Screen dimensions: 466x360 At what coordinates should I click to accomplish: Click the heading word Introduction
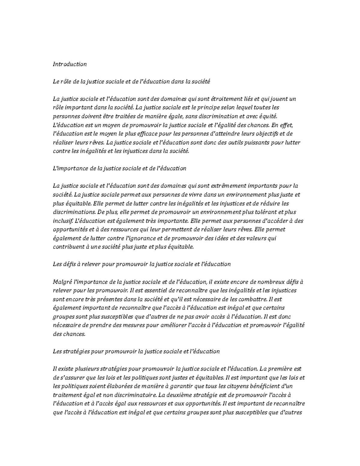(70, 64)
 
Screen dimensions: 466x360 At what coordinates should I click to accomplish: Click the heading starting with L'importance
(119, 168)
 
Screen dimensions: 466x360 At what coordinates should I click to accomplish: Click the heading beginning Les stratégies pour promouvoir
(136, 351)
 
